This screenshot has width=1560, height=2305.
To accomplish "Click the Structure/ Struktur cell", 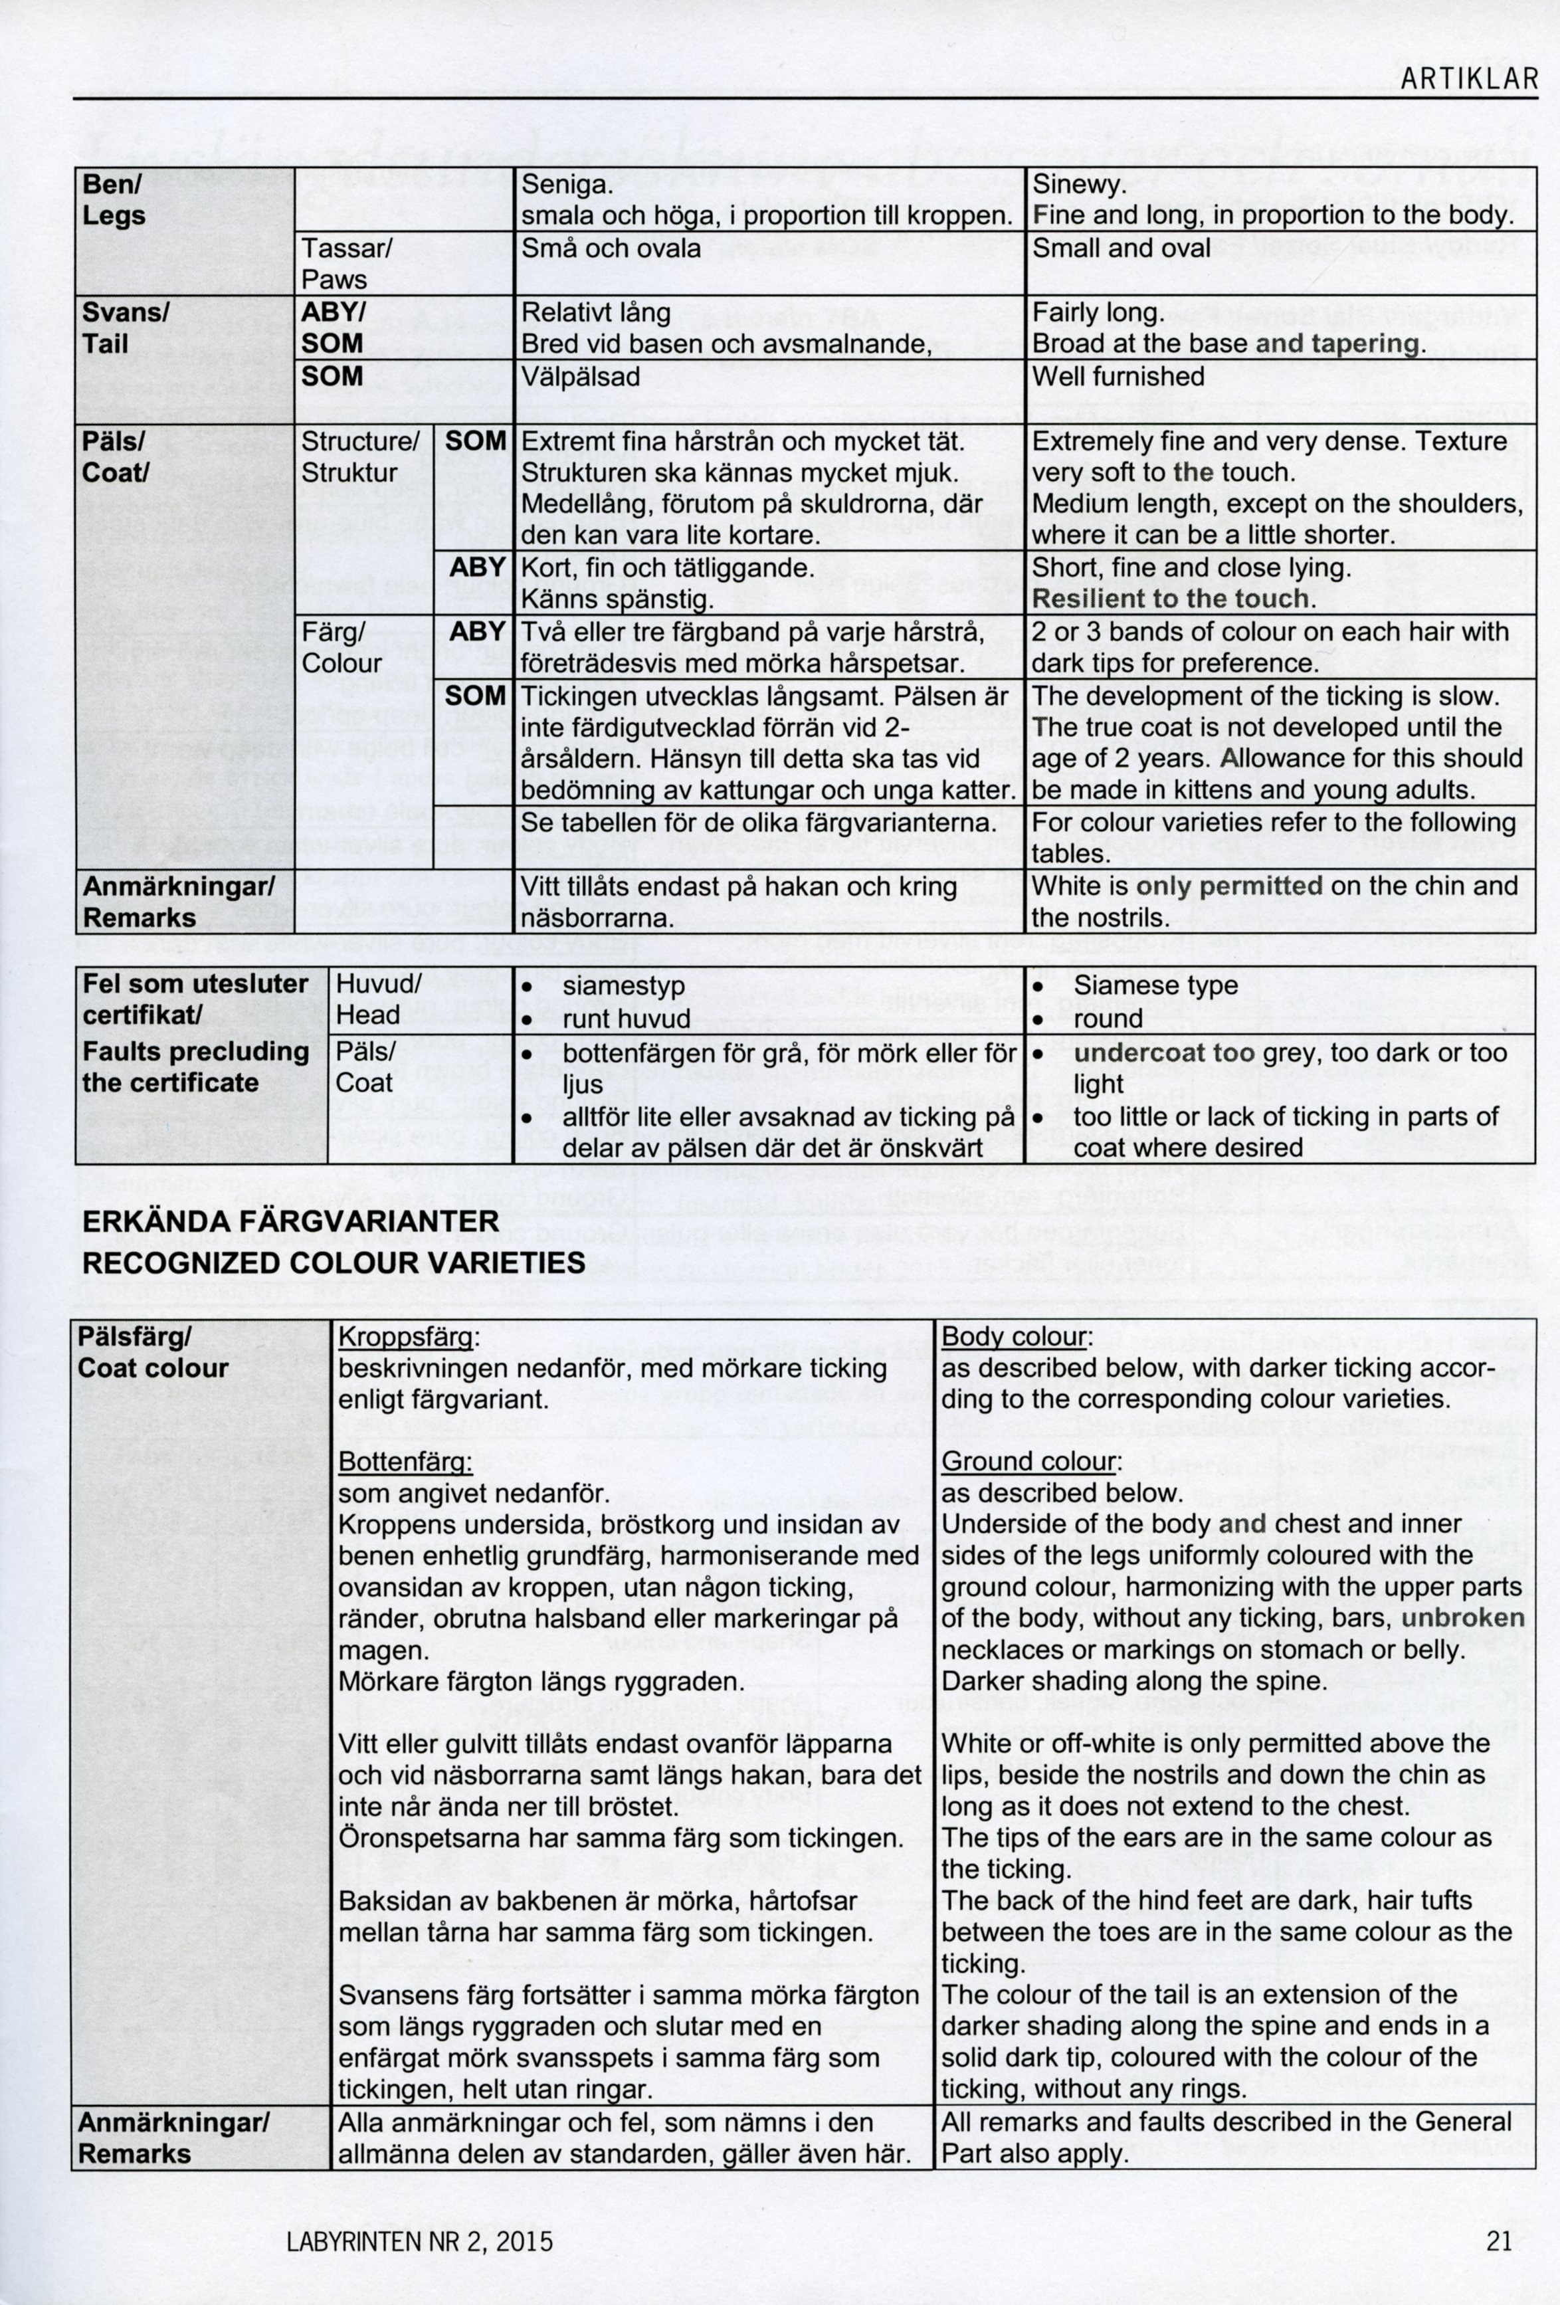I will (360, 456).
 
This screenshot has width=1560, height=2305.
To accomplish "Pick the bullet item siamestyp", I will (625, 987).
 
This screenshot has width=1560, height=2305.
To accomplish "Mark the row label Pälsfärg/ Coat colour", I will (153, 1353).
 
